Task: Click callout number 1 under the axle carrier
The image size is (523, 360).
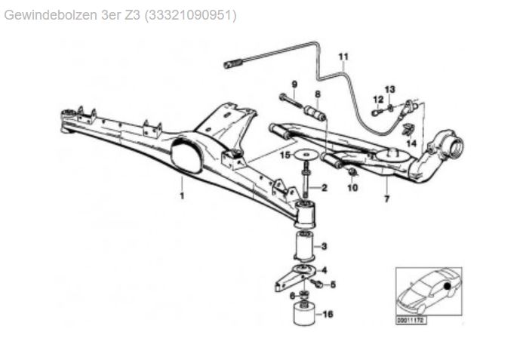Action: pyautogui.click(x=182, y=195)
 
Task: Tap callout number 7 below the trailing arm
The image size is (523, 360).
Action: pyautogui.click(x=386, y=198)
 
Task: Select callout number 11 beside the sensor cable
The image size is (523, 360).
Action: pyautogui.click(x=343, y=57)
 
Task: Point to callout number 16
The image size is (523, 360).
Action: pyautogui.click(x=328, y=314)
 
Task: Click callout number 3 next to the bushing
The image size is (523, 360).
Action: pyautogui.click(x=324, y=247)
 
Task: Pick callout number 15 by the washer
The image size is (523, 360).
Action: pyautogui.click(x=285, y=155)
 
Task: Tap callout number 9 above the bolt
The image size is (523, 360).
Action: pyautogui.click(x=294, y=85)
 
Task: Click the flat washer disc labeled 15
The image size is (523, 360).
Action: pyautogui.click(x=306, y=155)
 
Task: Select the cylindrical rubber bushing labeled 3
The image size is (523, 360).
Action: pyautogui.click(x=303, y=247)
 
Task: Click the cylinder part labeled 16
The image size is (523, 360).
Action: pyautogui.click(x=304, y=314)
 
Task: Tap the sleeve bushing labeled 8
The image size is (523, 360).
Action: pyautogui.click(x=315, y=114)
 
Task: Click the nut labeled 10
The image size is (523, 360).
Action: pyautogui.click(x=352, y=172)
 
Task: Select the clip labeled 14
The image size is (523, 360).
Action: pyautogui.click(x=408, y=130)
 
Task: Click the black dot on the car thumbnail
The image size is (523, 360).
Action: pyautogui.click(x=447, y=286)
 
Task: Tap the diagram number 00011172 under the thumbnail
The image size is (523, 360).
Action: pyautogui.click(x=411, y=321)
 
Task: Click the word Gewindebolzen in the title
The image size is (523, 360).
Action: pyautogui.click(x=51, y=15)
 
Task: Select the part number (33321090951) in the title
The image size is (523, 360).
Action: pyautogui.click(x=190, y=15)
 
